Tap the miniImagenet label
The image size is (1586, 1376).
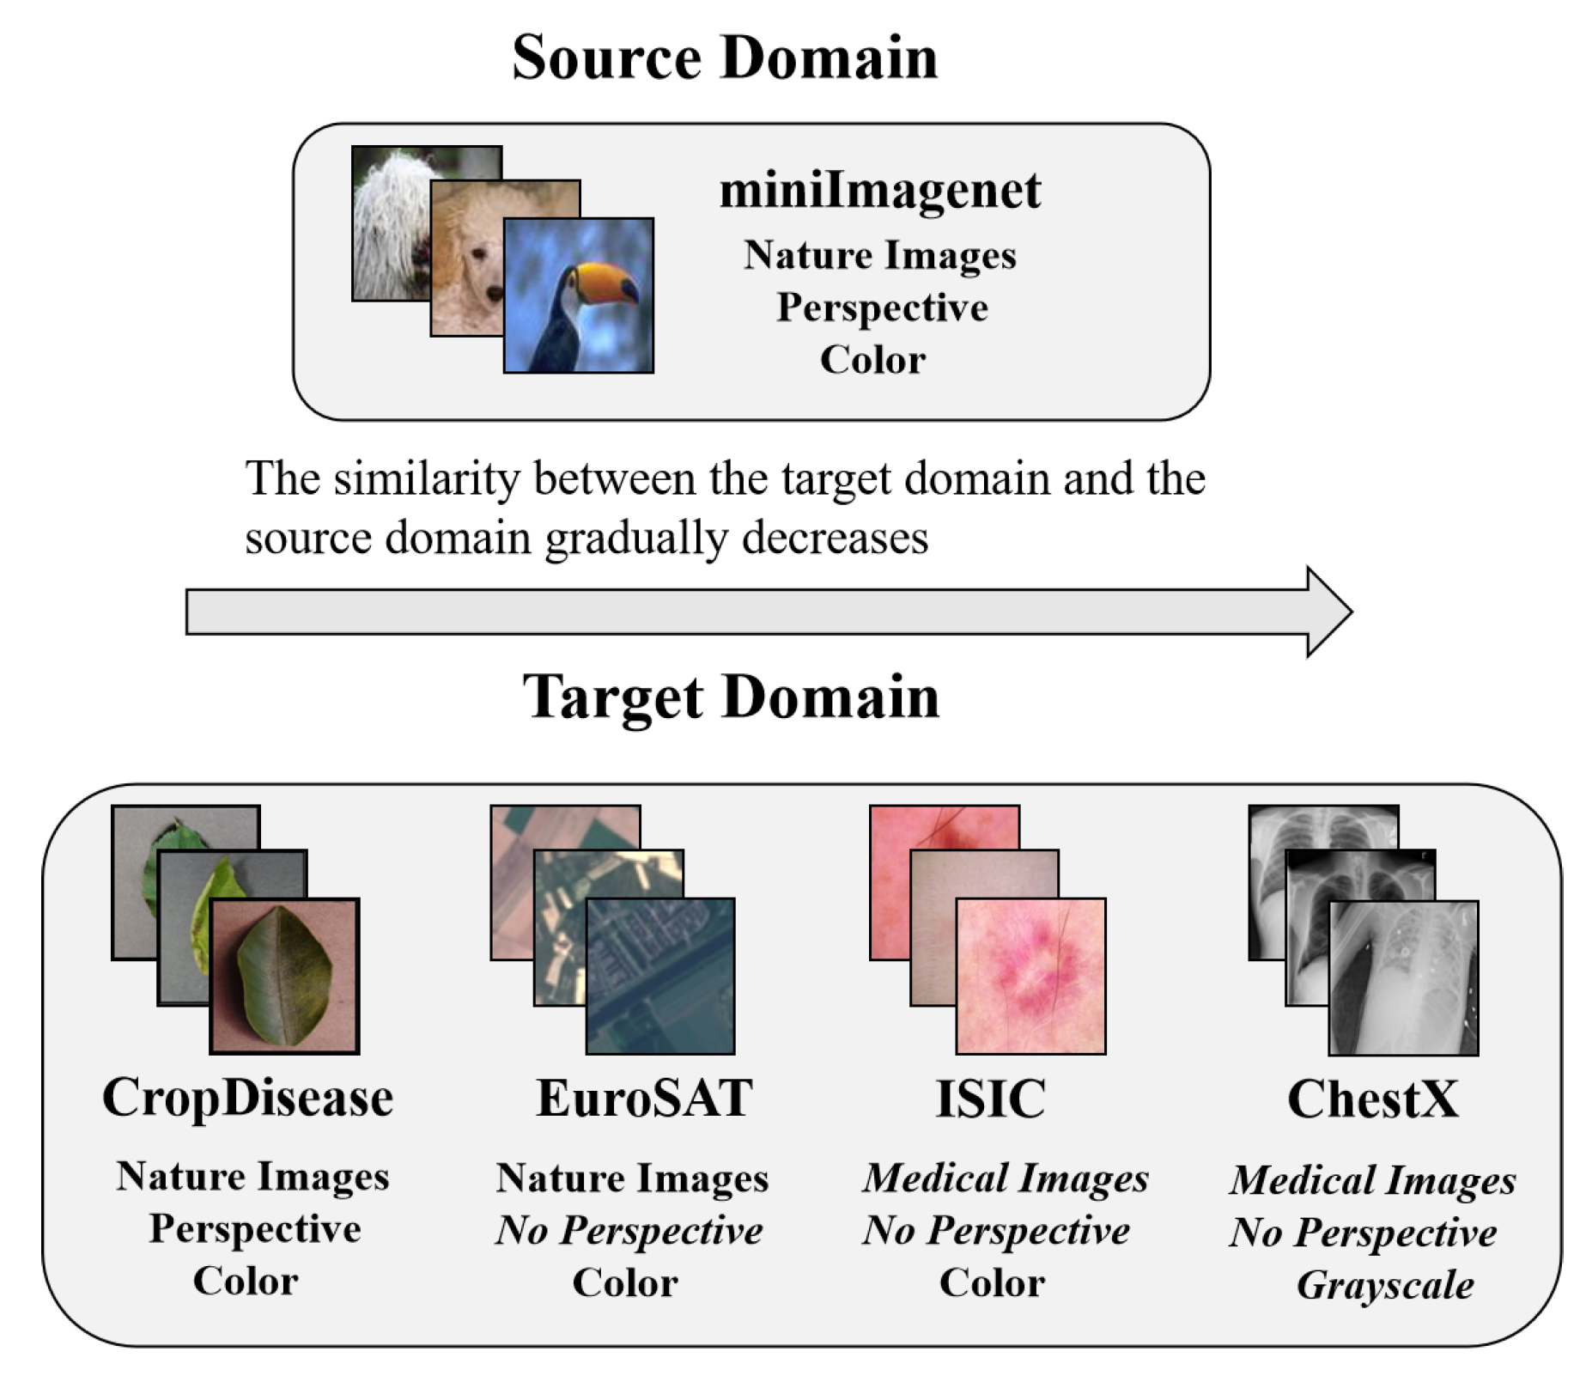(x=879, y=190)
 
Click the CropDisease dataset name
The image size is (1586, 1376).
(x=247, y=1099)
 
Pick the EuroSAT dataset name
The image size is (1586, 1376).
(x=644, y=1099)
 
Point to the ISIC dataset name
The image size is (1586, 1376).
(x=990, y=1099)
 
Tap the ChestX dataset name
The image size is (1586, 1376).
(x=1372, y=1099)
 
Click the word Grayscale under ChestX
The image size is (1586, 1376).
(x=1384, y=1286)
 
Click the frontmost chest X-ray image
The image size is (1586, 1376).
(x=1403, y=977)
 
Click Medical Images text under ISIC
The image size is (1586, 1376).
(x=1006, y=1178)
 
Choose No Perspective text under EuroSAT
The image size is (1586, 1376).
(x=629, y=1231)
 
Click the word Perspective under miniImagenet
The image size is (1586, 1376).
(x=882, y=307)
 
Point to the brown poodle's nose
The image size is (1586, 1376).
(x=494, y=294)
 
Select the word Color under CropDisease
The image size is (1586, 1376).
(x=246, y=1282)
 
